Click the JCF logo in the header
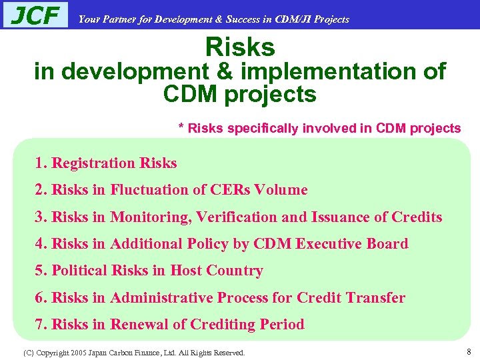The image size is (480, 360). click(x=35, y=15)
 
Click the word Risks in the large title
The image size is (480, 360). click(x=240, y=47)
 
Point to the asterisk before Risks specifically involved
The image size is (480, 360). click(x=181, y=127)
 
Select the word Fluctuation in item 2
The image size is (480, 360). click(x=149, y=190)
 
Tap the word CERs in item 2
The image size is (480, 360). click(x=231, y=190)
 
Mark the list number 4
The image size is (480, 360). click(x=39, y=244)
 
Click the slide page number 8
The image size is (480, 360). click(x=469, y=351)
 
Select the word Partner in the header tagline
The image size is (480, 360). click(x=117, y=19)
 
